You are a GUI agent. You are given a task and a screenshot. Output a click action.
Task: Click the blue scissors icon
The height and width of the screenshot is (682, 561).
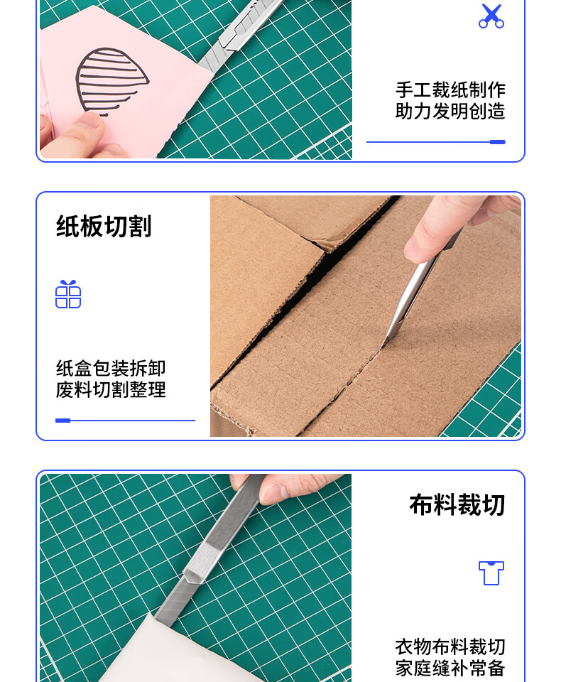coord(491,16)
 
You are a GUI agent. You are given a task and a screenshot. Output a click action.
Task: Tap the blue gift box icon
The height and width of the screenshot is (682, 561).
coord(68,294)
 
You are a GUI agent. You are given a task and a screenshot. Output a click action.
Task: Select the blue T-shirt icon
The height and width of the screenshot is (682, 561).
coord(491,573)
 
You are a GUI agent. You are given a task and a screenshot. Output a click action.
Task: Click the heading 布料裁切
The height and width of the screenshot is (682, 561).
coord(457,504)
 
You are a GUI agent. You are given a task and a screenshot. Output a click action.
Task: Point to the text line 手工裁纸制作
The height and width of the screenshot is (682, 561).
coord(450,90)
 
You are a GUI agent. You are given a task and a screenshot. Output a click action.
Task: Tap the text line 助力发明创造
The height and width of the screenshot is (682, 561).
coord(450,112)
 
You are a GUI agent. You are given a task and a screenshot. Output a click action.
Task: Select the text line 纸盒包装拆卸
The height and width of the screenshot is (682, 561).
coord(111,369)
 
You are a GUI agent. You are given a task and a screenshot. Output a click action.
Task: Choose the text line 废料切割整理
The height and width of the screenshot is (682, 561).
coord(111,390)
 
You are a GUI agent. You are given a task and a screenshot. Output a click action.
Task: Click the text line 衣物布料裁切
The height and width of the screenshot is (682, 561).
coord(450,646)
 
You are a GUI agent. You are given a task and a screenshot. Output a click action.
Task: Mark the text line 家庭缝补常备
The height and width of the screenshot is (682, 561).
coord(450,668)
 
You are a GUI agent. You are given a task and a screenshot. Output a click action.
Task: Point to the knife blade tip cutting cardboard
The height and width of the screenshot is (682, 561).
coord(381,347)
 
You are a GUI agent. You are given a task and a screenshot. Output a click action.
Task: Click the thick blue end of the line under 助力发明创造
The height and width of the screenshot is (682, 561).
coord(498,142)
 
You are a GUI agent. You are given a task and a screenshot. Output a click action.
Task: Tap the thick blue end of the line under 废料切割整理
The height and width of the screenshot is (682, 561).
coord(63,421)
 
